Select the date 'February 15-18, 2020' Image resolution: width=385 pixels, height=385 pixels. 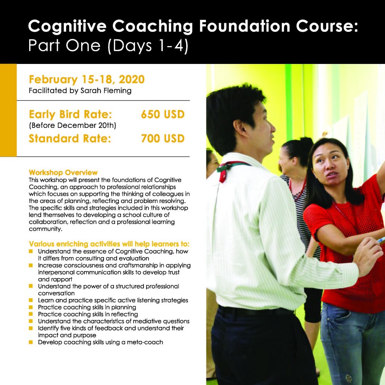(86, 80)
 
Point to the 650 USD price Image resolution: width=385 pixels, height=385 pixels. (163, 114)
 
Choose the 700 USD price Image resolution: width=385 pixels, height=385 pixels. (163, 139)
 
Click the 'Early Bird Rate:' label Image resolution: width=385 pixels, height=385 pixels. (70, 114)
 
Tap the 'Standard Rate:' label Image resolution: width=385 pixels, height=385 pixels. (70, 139)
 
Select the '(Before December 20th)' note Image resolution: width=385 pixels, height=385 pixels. (73, 126)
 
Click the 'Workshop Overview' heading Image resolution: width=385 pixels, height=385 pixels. (63, 173)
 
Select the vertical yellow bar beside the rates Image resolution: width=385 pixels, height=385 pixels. (8, 110)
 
